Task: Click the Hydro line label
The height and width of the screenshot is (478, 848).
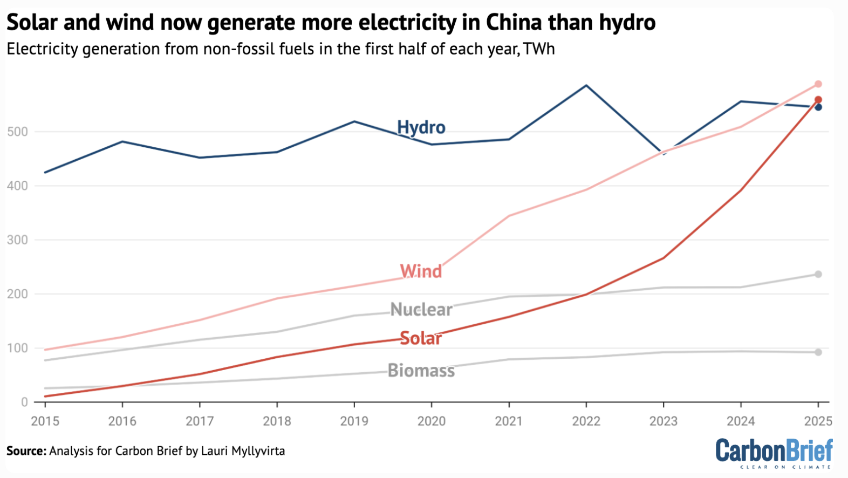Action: point(421,127)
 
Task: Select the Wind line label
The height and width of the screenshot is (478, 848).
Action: point(420,271)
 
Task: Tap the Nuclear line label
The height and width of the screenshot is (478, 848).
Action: point(421,310)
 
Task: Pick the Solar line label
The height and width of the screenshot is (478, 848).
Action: point(420,338)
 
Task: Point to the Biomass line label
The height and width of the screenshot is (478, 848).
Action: point(421,371)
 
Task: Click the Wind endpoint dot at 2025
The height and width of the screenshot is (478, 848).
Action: point(818,84)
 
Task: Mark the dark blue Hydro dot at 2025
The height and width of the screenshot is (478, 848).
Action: point(818,107)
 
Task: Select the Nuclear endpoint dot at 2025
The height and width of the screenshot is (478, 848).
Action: point(818,275)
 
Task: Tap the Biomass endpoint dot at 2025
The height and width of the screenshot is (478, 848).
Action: point(818,352)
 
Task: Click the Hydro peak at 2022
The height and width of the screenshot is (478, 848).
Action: point(586,85)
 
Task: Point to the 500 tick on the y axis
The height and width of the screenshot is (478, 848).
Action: point(17,132)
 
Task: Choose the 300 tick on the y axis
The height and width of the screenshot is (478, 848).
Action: point(17,240)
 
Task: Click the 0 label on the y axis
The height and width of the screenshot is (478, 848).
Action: point(24,402)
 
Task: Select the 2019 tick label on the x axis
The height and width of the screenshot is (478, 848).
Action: point(354,421)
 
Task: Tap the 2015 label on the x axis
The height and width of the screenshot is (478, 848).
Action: point(45,421)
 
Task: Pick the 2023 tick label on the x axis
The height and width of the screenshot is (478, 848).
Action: point(663,421)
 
